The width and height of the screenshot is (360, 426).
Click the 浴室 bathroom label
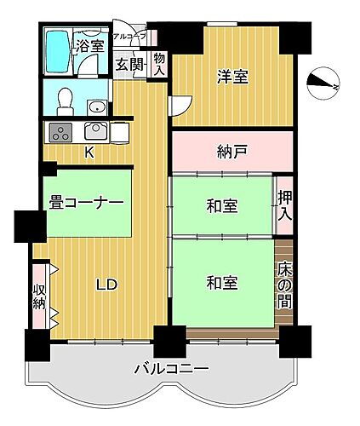click(x=89, y=47)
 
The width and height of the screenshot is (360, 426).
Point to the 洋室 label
click(x=231, y=77)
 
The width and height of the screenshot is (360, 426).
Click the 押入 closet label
click(x=284, y=204)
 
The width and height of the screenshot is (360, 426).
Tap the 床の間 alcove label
click(x=284, y=285)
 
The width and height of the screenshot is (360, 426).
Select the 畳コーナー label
click(x=87, y=203)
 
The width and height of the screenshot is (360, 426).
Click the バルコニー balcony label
click(x=170, y=369)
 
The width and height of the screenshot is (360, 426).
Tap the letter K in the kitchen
click(x=89, y=153)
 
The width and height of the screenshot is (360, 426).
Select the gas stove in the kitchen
click(x=61, y=132)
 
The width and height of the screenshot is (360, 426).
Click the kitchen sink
click(x=94, y=132)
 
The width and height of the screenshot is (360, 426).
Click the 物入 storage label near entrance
click(x=159, y=66)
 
